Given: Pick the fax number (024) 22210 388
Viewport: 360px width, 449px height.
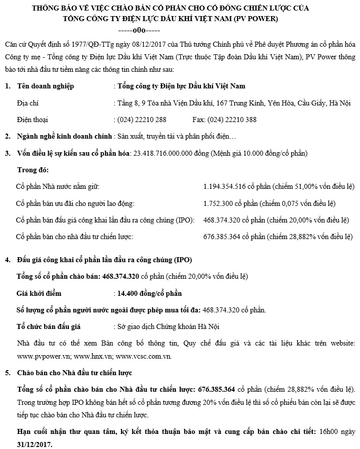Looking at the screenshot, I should tap(232, 120).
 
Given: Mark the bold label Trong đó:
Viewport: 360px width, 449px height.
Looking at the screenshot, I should tap(33, 170).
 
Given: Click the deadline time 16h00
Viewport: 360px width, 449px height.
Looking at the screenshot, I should tap(332, 432).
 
